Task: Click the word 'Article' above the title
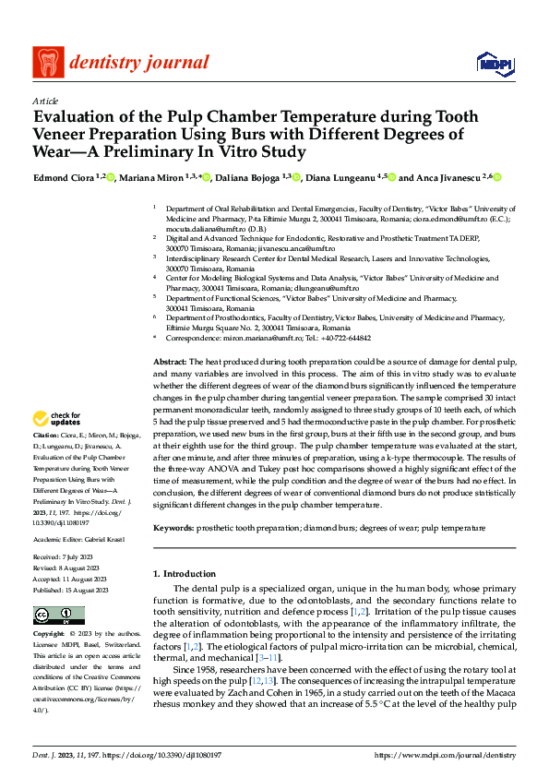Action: (45, 101)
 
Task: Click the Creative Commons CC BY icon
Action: (58, 616)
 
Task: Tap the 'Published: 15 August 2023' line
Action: (70, 591)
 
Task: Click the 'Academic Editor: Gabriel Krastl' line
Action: (78, 539)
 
